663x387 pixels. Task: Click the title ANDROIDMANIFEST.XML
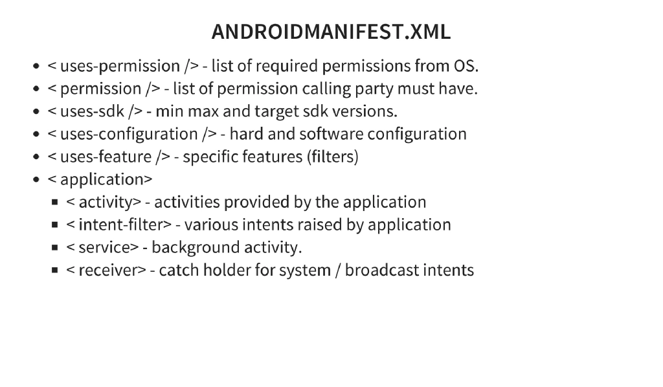point(331,32)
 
